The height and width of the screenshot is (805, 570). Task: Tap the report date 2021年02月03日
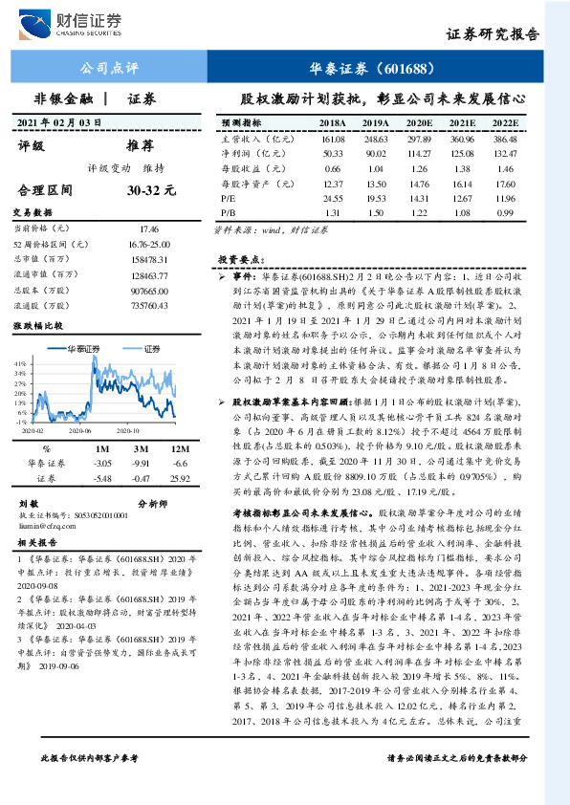[x=60, y=123]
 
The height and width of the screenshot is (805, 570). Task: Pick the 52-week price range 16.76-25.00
[x=144, y=244]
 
